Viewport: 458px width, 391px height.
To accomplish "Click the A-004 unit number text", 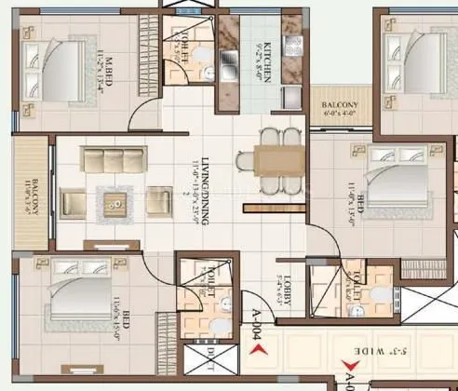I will click(x=249, y=327).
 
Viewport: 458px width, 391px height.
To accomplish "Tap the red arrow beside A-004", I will click(x=263, y=350).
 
